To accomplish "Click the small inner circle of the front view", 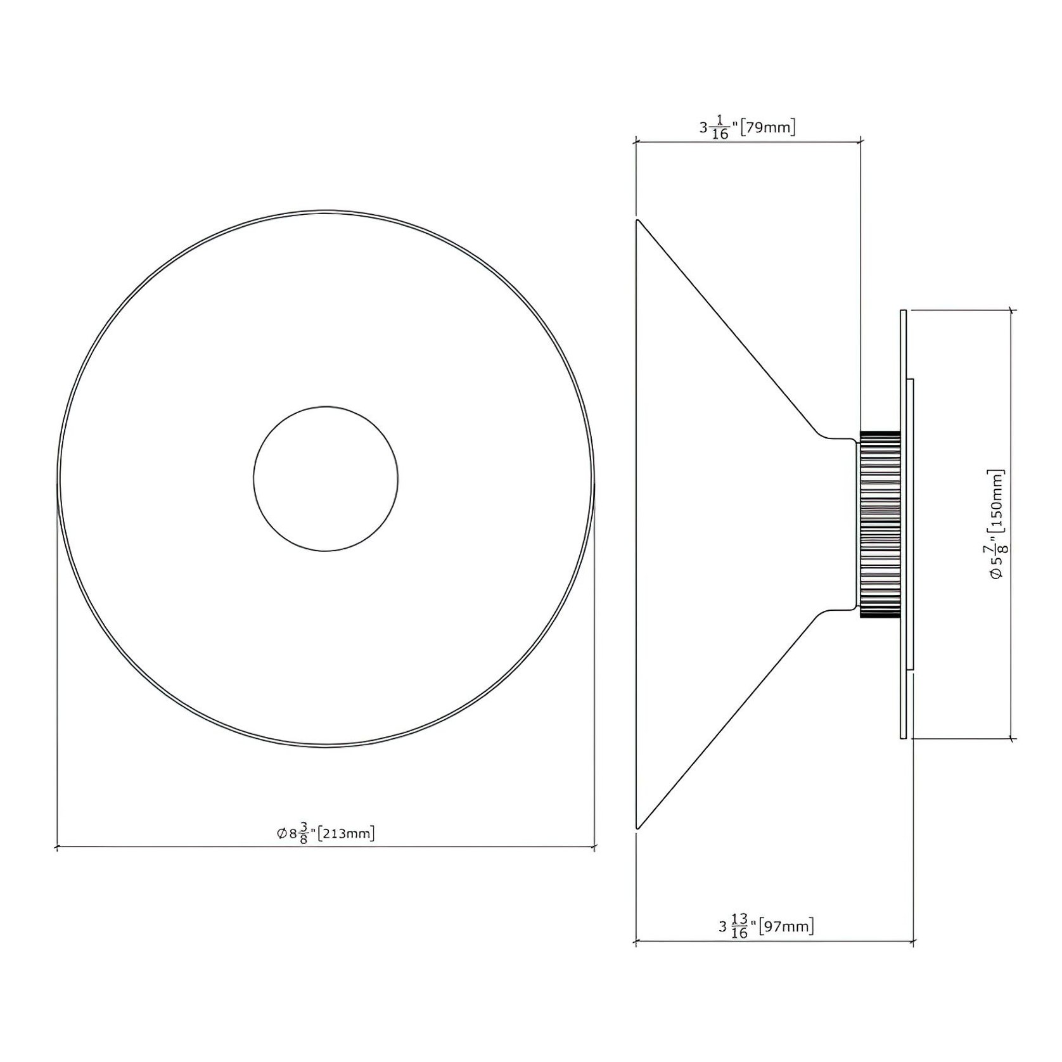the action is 326,407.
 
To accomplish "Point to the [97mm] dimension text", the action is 786,926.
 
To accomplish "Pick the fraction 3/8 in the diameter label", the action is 304,833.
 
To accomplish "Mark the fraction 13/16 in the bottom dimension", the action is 739,927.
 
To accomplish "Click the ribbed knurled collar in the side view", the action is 880,525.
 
